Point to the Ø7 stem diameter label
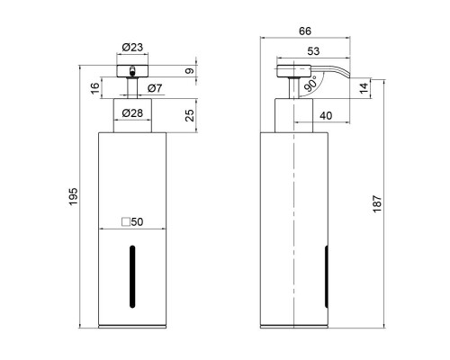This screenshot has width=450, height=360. point(154,87)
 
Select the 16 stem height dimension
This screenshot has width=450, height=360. point(94,88)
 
